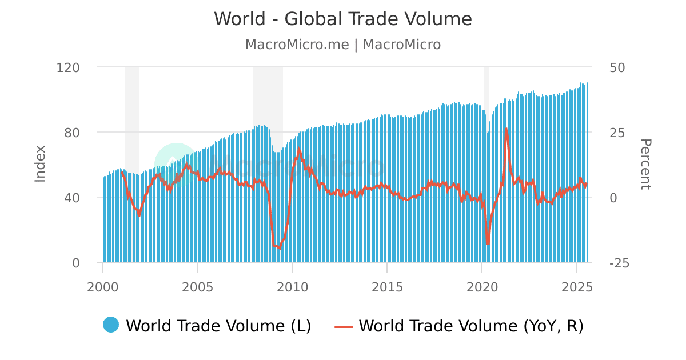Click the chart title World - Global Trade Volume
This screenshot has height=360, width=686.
[x=343, y=19]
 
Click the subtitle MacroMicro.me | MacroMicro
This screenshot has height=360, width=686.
[x=343, y=45]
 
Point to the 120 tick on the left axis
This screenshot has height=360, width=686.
[x=68, y=67]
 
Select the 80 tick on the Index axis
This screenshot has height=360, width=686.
[x=72, y=133]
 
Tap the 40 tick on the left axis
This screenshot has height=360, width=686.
[x=72, y=198]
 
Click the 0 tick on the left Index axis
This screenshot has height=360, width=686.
[x=75, y=263]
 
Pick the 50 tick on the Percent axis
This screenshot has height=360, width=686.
[x=617, y=67]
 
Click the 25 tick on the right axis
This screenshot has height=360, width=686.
[x=617, y=133]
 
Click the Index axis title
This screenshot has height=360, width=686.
[x=40, y=164]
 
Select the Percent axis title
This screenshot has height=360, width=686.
[x=645, y=164]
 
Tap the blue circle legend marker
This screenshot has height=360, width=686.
[x=111, y=325]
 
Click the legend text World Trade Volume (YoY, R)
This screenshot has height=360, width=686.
[x=471, y=326]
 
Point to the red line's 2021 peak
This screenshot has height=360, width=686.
[x=506, y=129]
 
